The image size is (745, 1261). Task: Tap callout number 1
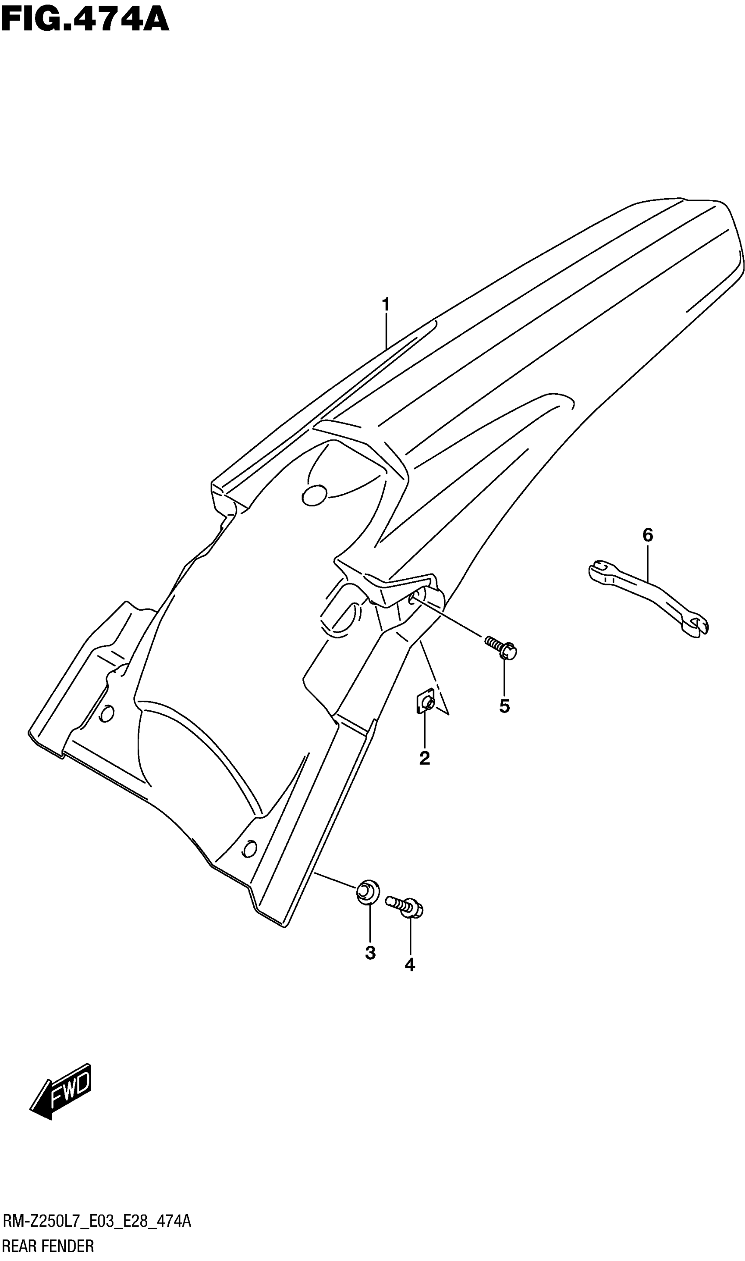(x=386, y=304)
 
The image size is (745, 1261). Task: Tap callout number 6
(x=648, y=535)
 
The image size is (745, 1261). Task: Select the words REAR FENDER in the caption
(x=48, y=1247)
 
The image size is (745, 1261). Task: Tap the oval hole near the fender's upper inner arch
(x=315, y=495)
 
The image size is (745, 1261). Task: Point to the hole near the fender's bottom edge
(x=249, y=849)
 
